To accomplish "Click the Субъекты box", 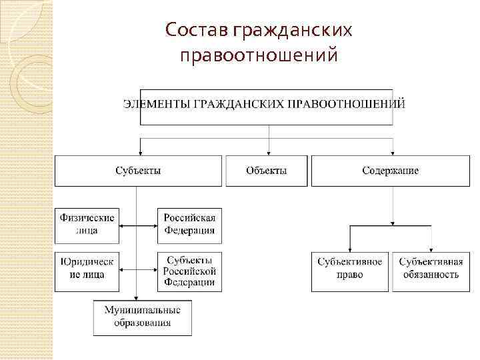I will pos(137,171).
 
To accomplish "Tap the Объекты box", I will pos(267,171).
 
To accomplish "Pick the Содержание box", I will pos(390,171).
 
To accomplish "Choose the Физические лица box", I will pos(87,224).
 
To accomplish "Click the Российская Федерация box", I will pos(190,224).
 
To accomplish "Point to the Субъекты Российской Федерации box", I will pos(190,270).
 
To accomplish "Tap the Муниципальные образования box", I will pos(142,317).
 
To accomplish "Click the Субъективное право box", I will pos(350,268).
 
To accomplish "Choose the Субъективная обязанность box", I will pos(429,268).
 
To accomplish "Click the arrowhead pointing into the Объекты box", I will pos(269,152).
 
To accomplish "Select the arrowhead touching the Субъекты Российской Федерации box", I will pos(155,269).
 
